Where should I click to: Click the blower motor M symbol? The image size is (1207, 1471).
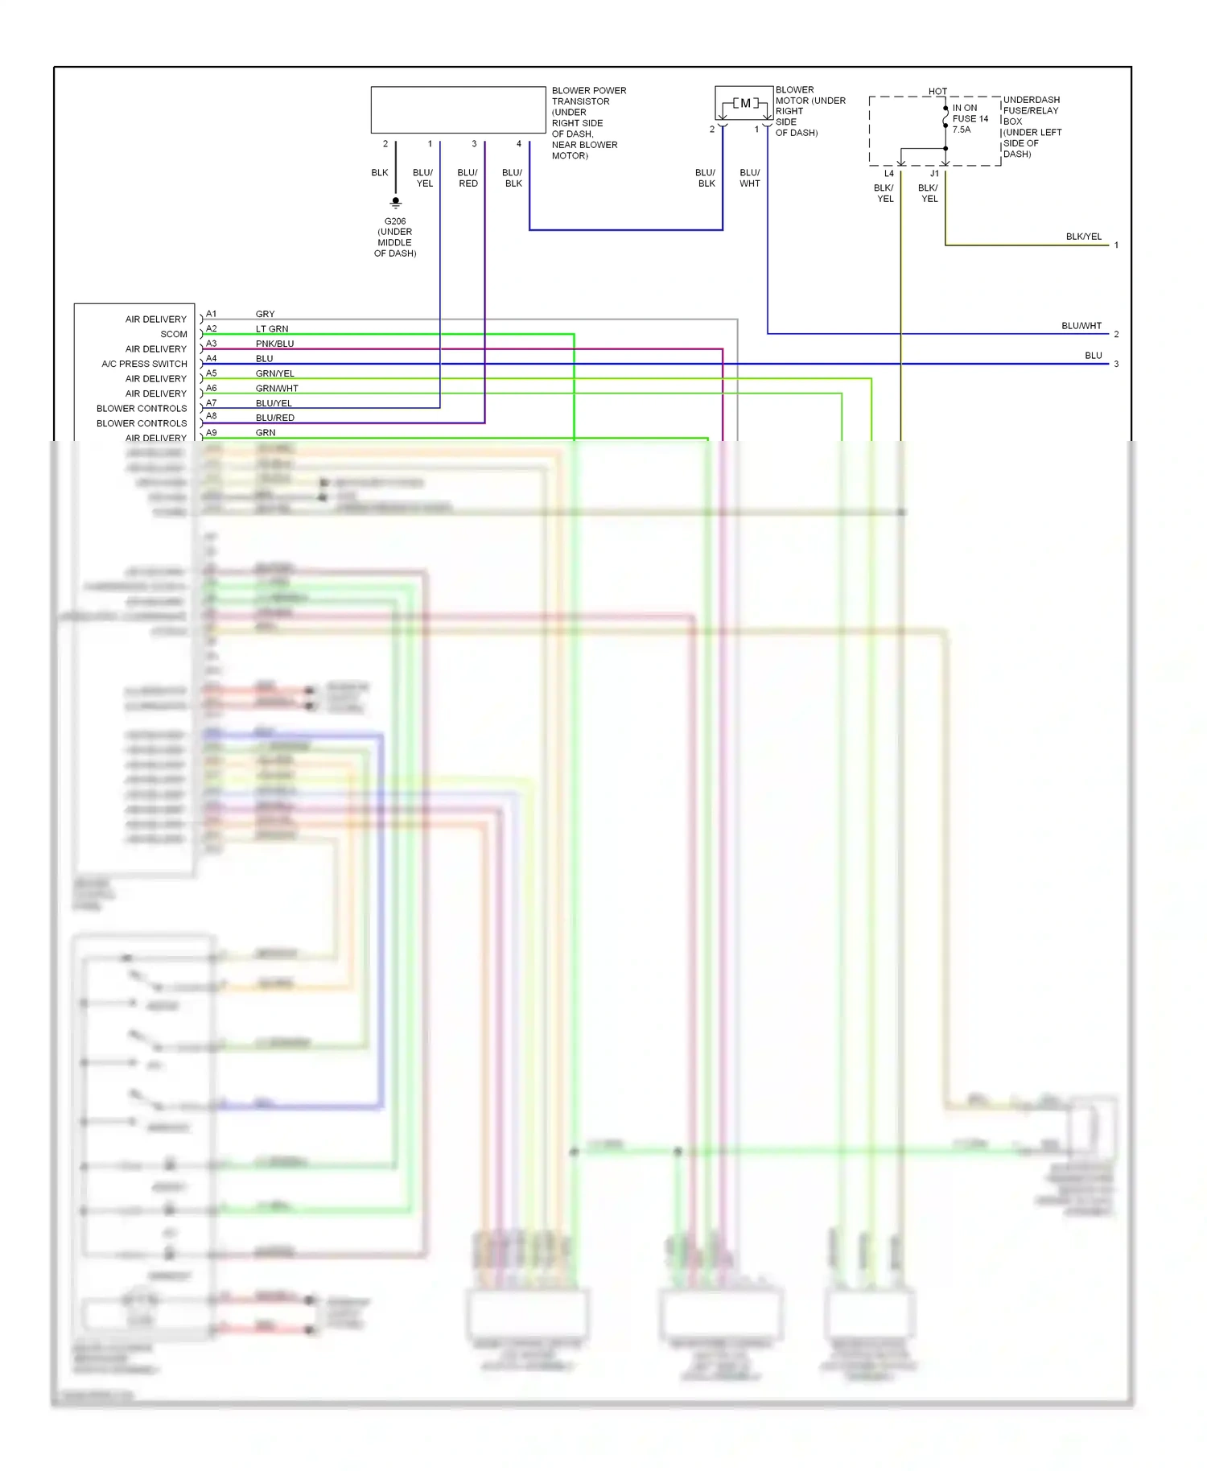tap(745, 103)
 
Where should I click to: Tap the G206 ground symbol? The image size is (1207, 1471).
tap(395, 202)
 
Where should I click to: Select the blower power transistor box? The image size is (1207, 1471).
tap(458, 109)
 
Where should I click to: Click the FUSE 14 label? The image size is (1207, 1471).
tap(970, 118)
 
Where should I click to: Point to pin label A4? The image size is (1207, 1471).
tap(211, 358)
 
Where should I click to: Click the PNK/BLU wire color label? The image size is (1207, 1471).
tap(274, 344)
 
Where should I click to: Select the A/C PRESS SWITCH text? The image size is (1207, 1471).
tap(144, 364)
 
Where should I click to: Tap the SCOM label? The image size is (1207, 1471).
tap(174, 334)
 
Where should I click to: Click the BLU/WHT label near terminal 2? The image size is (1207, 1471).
tap(1081, 326)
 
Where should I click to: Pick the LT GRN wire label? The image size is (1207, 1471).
tap(271, 329)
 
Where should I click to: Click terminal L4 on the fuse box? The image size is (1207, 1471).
tap(888, 174)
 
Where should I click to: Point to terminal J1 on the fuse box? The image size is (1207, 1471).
tap(934, 174)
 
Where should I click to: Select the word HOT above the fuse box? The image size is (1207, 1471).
tap(937, 91)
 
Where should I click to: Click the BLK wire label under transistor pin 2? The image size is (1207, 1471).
tap(380, 173)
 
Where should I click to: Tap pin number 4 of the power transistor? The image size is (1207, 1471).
tap(519, 144)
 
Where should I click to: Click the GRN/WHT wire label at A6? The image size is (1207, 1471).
tap(277, 388)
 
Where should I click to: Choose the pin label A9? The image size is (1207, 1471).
tap(211, 432)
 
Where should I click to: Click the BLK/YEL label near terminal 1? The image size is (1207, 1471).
tap(1083, 237)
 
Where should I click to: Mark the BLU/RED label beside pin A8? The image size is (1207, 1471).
tap(274, 418)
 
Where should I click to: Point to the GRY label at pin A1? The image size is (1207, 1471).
tap(265, 314)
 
